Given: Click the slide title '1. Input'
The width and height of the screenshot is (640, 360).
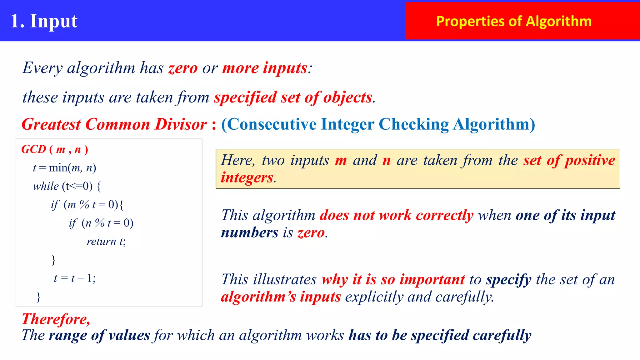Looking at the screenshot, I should coord(44,21).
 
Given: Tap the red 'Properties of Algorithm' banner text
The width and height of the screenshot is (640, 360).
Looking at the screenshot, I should coord(514,21).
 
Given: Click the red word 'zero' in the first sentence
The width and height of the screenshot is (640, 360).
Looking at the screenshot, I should coord(183,68).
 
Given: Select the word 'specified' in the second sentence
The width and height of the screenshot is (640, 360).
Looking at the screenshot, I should coord(245,97).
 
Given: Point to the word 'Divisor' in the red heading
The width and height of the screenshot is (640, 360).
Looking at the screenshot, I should coord(181,124).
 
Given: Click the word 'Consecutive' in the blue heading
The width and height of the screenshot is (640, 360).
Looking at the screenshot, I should coord(272,124).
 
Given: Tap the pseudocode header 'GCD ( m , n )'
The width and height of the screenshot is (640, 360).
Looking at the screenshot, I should coord(55,149).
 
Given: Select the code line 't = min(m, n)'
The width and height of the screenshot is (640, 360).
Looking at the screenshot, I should coord(64,168).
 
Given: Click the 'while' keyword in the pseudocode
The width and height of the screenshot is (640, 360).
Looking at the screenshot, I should coord(46,186).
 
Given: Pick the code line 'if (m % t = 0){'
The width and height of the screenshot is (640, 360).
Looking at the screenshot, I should coord(87,205).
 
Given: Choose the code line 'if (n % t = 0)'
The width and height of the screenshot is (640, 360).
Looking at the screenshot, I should coord(101,223).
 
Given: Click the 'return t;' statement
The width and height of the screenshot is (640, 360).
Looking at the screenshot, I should coord(106,241).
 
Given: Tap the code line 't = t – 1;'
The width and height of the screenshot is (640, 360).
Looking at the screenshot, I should coord(75,278).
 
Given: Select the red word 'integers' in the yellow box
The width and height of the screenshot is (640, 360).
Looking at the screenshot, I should coord(247,177).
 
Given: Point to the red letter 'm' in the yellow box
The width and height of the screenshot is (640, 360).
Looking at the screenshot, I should coord(341,161).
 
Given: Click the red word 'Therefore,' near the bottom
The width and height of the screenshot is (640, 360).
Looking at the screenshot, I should coord(56,319).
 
